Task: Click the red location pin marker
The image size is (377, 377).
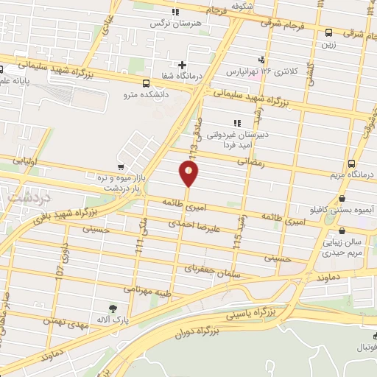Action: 188,174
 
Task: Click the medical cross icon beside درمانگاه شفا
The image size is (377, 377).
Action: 182,66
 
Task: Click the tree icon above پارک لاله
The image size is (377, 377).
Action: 113,309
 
